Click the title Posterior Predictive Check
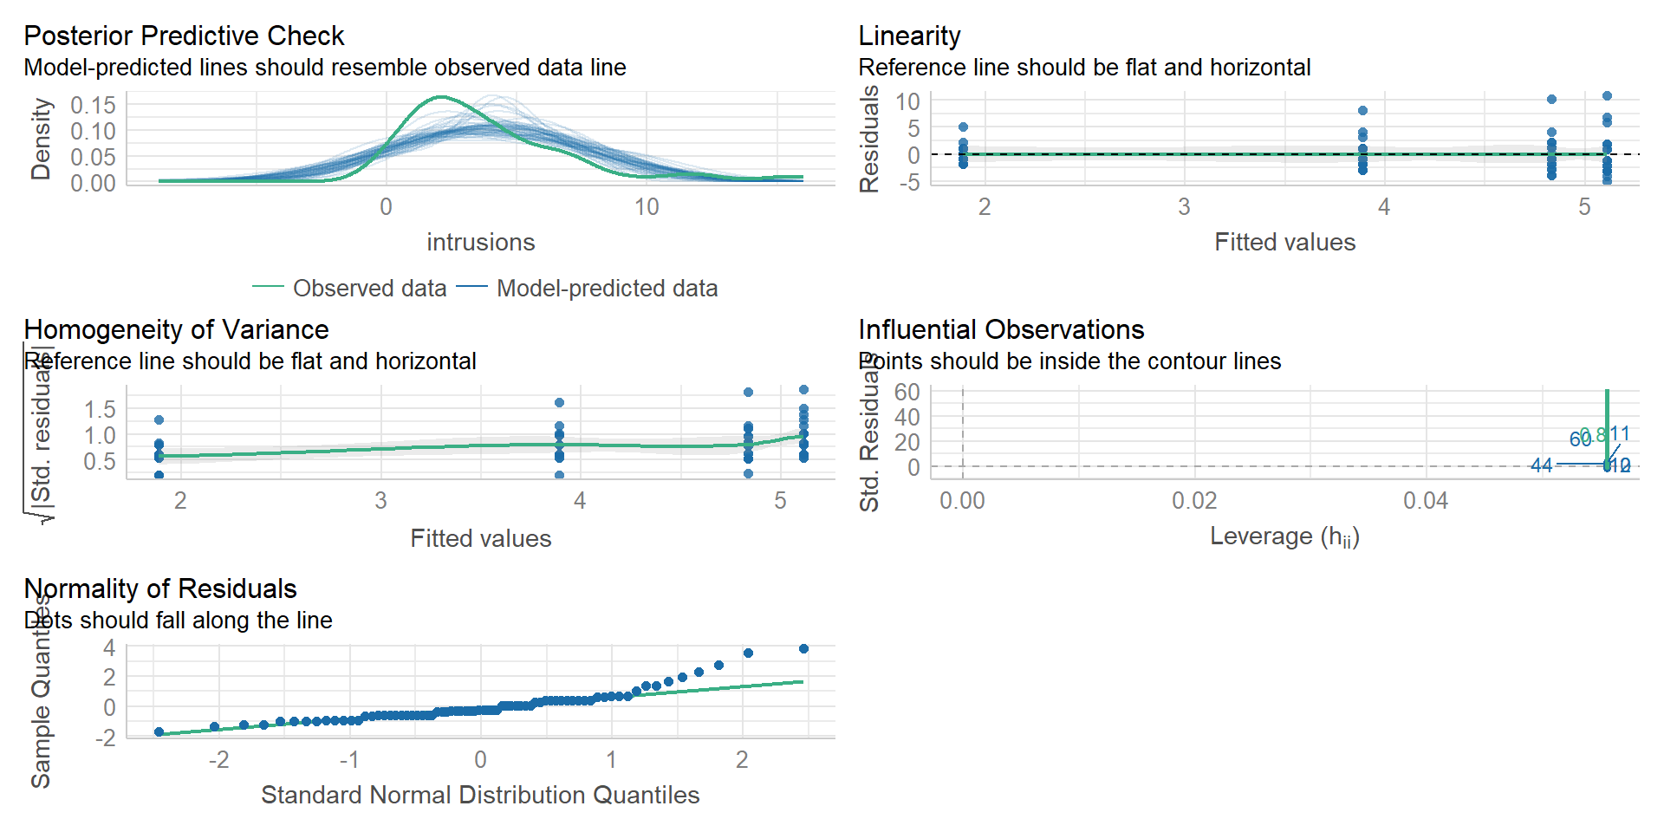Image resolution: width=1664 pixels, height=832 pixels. (184, 36)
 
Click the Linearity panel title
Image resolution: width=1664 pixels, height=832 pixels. (909, 36)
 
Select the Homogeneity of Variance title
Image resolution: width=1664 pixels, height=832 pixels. (176, 329)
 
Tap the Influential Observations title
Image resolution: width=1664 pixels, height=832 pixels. (1001, 329)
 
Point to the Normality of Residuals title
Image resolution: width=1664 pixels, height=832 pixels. (160, 588)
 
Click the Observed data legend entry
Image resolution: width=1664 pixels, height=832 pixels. (369, 288)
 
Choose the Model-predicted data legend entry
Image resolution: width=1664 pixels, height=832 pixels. (607, 288)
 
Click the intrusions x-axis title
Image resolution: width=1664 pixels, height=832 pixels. (480, 242)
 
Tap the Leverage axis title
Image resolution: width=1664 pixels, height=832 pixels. (1284, 536)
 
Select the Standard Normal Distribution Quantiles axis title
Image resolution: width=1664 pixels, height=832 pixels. (480, 795)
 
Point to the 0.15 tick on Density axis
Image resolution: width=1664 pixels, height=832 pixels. (93, 105)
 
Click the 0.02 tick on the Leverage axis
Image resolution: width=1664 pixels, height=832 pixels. (1194, 501)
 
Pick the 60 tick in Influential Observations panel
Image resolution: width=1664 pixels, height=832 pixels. (907, 392)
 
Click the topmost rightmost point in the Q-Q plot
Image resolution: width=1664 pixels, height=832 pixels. (803, 648)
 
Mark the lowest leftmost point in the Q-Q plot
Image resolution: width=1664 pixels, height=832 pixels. (159, 732)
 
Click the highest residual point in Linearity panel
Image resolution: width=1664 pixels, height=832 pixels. (1607, 96)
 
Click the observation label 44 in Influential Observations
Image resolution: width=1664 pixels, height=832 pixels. (1541, 465)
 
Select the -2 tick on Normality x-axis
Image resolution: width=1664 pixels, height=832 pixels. (218, 760)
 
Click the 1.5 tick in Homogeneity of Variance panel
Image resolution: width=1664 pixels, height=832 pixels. (99, 409)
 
